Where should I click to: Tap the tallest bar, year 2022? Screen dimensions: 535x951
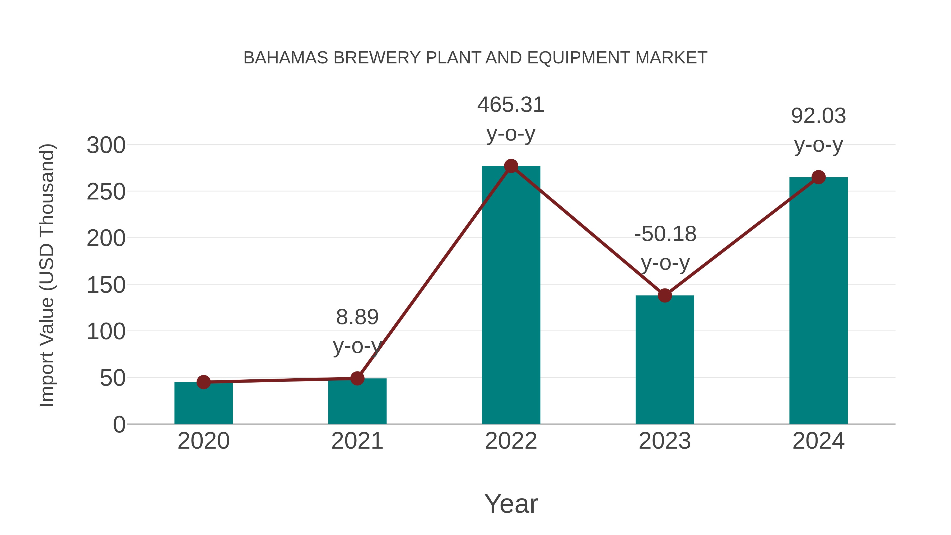pyautogui.click(x=511, y=295)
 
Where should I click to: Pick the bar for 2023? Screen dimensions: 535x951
pyautogui.click(x=665, y=360)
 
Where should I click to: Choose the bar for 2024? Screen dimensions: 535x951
pyautogui.click(x=818, y=301)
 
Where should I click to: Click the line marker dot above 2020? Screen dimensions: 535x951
pyautogui.click(x=203, y=382)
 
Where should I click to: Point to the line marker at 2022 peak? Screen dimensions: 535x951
pyautogui.click(x=511, y=166)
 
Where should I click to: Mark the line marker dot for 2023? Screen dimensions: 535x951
pyautogui.click(x=665, y=295)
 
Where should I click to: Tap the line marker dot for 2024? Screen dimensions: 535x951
pyautogui.click(x=818, y=177)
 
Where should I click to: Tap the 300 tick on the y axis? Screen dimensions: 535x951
pyautogui.click(x=106, y=145)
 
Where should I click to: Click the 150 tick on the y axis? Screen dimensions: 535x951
pyautogui.click(x=106, y=285)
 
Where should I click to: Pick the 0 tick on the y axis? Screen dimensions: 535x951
pyautogui.click(x=119, y=425)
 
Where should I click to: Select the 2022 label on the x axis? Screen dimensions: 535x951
pyautogui.click(x=511, y=441)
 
